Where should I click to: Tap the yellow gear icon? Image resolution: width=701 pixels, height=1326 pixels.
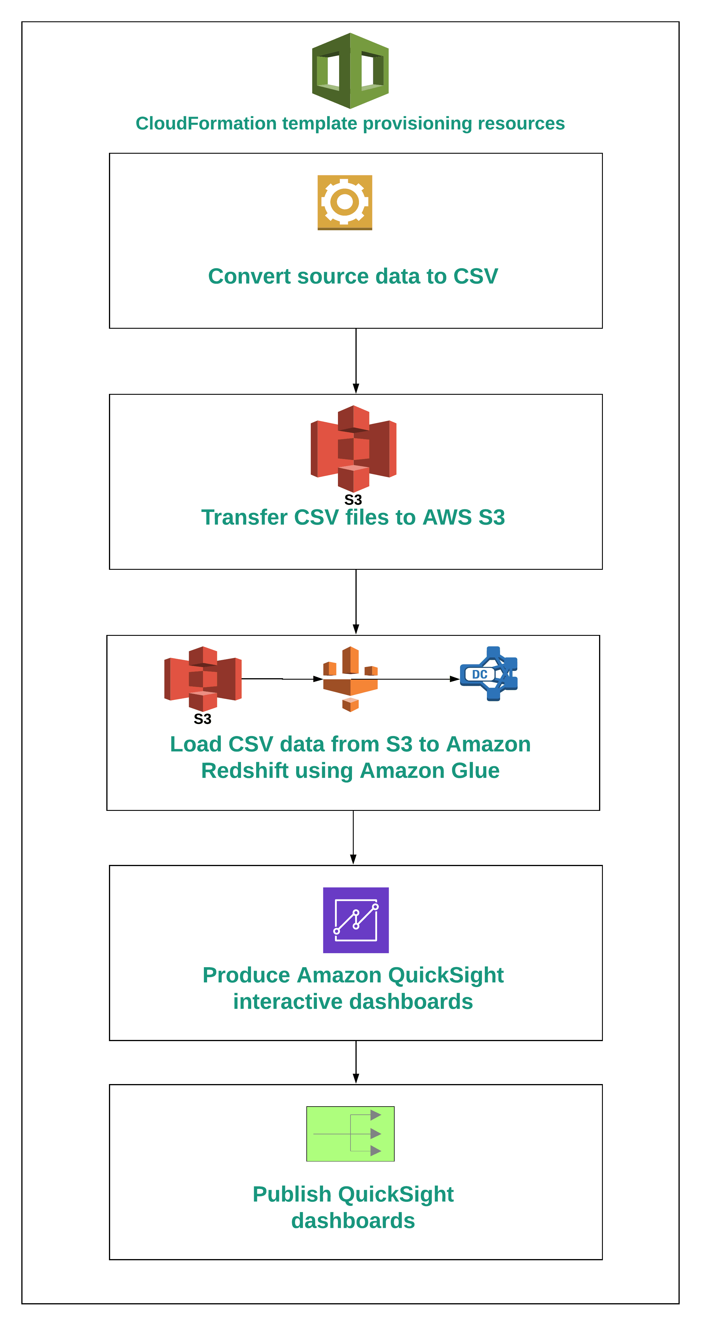(x=344, y=202)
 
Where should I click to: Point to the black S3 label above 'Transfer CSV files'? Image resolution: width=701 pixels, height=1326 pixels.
(x=353, y=500)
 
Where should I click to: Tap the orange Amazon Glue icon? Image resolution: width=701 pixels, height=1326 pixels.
(x=350, y=678)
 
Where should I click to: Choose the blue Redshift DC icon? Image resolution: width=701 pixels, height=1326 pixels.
(x=489, y=674)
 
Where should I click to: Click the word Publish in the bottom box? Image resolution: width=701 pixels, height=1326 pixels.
(x=292, y=1194)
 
